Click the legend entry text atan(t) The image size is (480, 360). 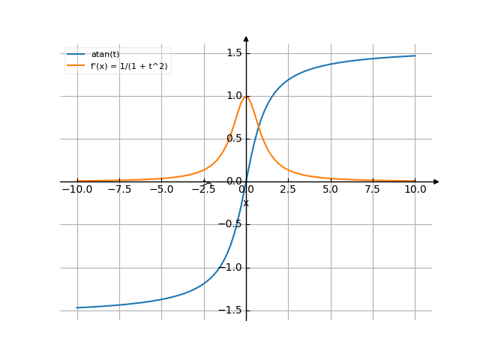tap(104, 55)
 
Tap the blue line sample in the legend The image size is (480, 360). tap(76, 55)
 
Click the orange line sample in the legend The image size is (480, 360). tap(76, 66)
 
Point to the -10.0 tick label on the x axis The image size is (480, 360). tap(76, 190)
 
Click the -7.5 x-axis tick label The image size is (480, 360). tap(118, 190)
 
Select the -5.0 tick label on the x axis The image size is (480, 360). tap(161, 190)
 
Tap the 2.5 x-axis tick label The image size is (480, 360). tap(288, 190)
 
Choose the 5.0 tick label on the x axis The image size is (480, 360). tap(331, 190)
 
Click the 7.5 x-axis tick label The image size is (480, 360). tap(373, 190)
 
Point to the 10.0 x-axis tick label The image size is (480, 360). tap(415, 190)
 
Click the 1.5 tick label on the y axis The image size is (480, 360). tap(233, 53)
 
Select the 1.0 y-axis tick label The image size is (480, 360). tap(233, 96)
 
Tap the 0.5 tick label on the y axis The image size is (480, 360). tap(233, 139)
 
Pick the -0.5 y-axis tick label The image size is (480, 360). tap(230, 224)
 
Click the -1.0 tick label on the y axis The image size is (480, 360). tap(230, 268)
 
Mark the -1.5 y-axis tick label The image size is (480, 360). tap(230, 310)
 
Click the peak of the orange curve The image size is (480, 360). tap(246, 96)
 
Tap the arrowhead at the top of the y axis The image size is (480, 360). tap(246, 38)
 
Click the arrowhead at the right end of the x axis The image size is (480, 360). tap(436, 181)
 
